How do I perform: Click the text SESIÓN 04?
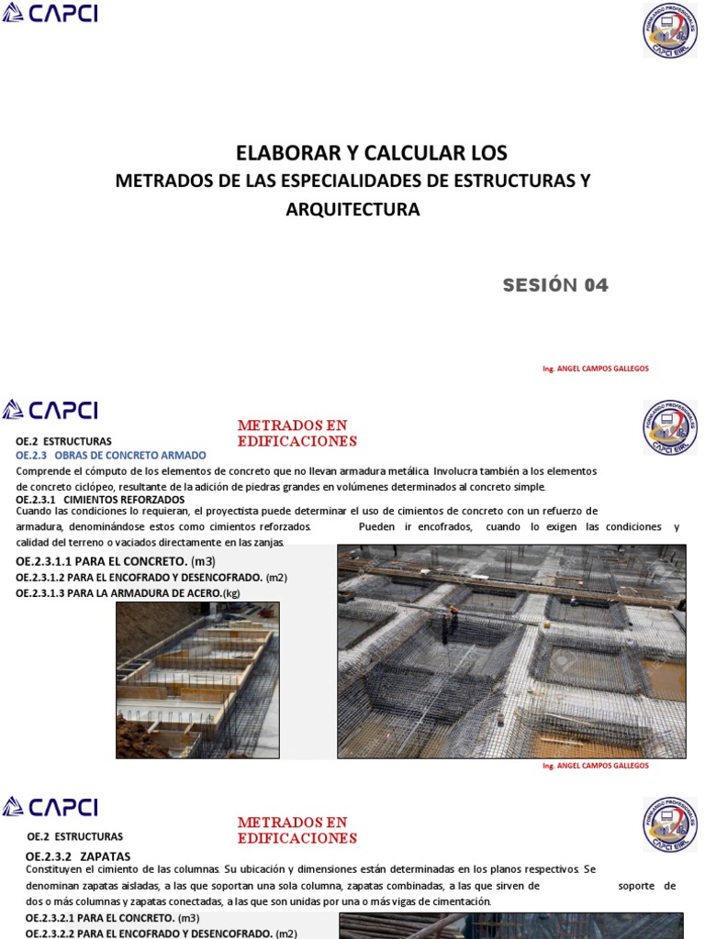(555, 285)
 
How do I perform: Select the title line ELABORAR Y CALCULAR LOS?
(372, 152)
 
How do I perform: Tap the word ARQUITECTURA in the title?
(352, 210)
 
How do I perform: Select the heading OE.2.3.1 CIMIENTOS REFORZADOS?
(100, 499)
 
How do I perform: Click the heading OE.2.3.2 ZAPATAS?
(78, 856)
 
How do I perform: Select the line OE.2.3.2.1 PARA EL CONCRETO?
(112, 918)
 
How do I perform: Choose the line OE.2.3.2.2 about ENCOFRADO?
(161, 933)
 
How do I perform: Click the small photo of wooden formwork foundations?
(197, 679)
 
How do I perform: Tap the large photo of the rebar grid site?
(511, 651)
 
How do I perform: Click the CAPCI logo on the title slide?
(50, 13)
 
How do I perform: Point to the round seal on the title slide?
(670, 30)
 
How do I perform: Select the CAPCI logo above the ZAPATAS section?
(50, 807)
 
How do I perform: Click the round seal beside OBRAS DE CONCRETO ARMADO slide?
(669, 427)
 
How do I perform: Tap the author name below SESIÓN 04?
(596, 369)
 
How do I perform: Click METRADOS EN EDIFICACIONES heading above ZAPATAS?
(297, 830)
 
